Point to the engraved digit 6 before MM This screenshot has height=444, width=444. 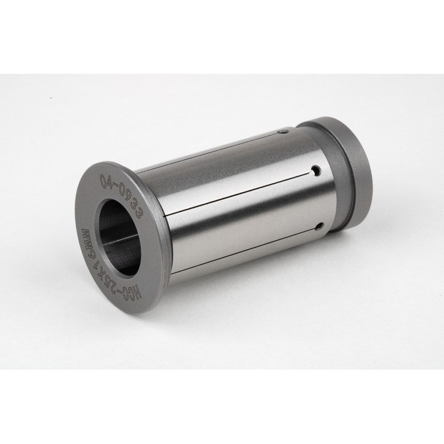[86, 249]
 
